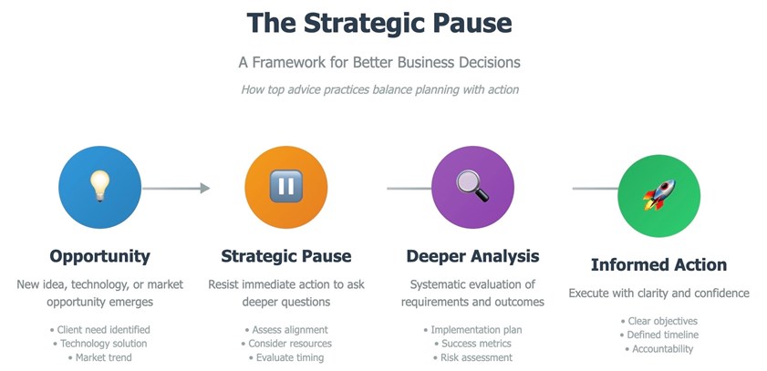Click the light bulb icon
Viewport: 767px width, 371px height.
[99, 186]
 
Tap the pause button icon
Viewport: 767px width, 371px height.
[286, 186]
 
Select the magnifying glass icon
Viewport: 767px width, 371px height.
[472, 186]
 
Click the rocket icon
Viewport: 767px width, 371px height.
[658, 194]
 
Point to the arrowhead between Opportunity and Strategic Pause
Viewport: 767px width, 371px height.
[205, 188]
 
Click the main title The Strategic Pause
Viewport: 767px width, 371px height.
[379, 23]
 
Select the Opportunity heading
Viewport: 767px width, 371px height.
[99, 256]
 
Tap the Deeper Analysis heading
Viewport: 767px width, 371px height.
[472, 256]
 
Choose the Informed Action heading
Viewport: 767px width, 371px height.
[658, 265]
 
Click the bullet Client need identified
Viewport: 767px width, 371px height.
[99, 330]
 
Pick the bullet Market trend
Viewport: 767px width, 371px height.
[99, 358]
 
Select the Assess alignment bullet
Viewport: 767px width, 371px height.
[286, 330]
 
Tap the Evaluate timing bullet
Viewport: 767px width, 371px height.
[286, 358]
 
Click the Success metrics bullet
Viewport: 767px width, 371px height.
[472, 344]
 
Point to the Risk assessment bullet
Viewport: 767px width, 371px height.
[472, 358]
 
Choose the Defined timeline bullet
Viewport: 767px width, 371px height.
[658, 335]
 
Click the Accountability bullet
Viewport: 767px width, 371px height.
[658, 349]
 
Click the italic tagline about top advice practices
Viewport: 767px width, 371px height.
[379, 90]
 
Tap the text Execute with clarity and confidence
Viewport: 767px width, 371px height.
[658, 294]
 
